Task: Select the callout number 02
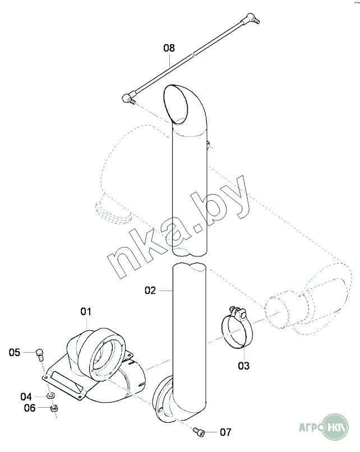(x=150, y=290)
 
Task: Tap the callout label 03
(x=243, y=366)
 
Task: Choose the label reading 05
(x=15, y=352)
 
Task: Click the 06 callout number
(x=30, y=408)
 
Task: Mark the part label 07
(x=225, y=432)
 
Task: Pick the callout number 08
(x=169, y=48)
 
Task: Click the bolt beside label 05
(x=40, y=353)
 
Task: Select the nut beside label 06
(x=54, y=409)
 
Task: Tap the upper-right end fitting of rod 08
(x=253, y=20)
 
